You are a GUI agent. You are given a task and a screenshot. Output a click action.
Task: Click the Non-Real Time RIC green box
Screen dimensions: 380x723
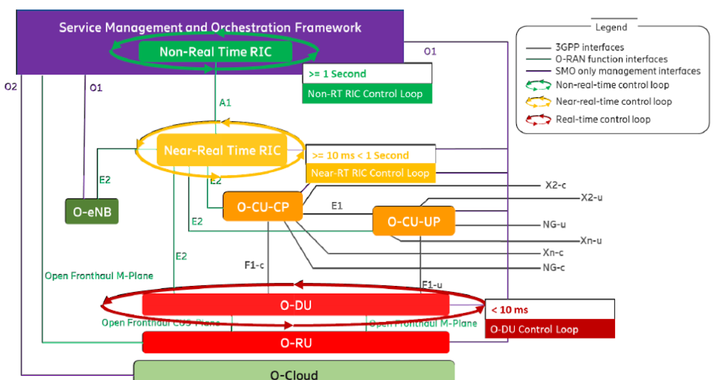(x=215, y=52)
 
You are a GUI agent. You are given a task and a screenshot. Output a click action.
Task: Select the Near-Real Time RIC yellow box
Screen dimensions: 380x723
(x=222, y=151)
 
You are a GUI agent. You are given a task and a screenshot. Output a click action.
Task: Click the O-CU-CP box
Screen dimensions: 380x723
(x=262, y=207)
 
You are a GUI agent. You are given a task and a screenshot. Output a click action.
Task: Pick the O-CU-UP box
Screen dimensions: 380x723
(x=413, y=221)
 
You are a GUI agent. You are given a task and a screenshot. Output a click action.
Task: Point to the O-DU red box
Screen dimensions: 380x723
(x=295, y=304)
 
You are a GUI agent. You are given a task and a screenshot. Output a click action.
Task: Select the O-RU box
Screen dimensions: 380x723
(x=295, y=343)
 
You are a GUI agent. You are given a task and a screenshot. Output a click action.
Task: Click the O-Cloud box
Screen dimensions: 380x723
(x=293, y=372)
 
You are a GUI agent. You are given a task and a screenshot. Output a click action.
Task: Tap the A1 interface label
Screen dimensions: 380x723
(x=225, y=103)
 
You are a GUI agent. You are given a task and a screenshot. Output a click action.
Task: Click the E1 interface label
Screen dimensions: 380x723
(x=337, y=206)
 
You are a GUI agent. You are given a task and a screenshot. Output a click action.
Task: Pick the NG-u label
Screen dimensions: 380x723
(x=554, y=225)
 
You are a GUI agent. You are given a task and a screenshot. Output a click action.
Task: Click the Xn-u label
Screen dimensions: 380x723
(x=591, y=241)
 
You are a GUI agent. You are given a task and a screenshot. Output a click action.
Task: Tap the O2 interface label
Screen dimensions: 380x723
(x=11, y=87)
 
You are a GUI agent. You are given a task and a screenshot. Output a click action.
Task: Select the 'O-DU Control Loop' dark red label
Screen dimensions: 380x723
(x=534, y=329)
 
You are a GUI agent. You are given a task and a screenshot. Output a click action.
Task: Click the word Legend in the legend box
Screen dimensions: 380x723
(x=611, y=27)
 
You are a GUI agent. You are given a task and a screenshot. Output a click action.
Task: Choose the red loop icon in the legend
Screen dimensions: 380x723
(x=535, y=119)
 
